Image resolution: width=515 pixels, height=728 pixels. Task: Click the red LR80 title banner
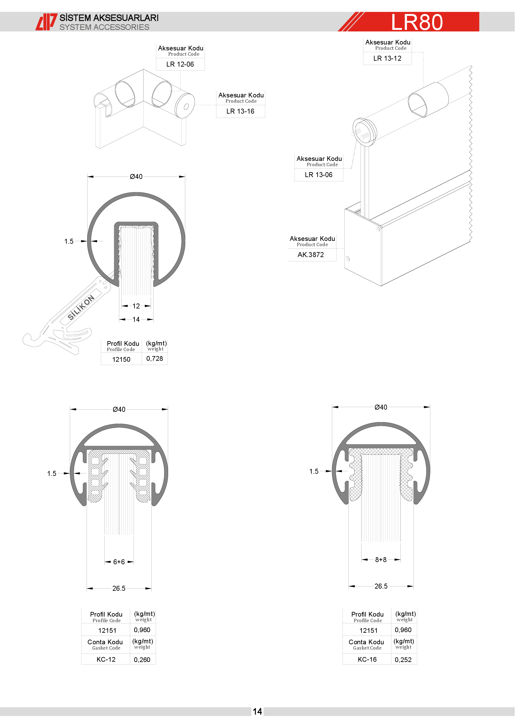coord(409,21)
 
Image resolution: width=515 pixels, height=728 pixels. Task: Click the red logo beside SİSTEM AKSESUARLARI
coord(46,22)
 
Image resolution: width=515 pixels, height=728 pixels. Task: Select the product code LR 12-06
coord(180,64)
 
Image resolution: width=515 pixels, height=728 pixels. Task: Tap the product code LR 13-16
coord(240,111)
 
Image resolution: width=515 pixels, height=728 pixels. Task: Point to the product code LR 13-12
coord(387,58)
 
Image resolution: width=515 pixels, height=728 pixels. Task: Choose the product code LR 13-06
coord(319,175)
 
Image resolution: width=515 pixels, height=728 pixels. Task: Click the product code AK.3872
coord(311,255)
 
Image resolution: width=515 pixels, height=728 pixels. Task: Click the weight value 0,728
coord(155,359)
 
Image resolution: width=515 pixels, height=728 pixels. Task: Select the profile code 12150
coord(121,359)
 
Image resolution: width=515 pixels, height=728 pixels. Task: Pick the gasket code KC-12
coord(106,660)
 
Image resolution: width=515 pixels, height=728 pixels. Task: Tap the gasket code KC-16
coord(367,660)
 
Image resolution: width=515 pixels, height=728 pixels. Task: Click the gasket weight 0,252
coord(403,660)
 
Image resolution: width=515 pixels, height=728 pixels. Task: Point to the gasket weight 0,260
coord(142,660)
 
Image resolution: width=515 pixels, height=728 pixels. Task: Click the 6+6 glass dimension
coord(119,562)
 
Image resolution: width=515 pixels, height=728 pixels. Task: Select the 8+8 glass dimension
coord(381,560)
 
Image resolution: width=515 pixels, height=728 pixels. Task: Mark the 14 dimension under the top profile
coord(136,319)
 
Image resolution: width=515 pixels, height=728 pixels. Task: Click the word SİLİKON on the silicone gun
coord(81,308)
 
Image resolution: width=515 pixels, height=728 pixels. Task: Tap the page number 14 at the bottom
coord(257,712)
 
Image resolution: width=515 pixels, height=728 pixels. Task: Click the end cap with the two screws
coord(365,132)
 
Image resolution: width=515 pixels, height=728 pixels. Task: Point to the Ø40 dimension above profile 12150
coord(136,176)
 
